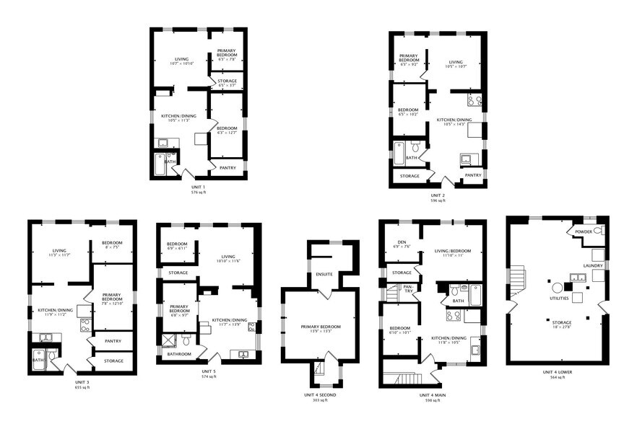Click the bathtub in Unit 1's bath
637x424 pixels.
click(x=160, y=165)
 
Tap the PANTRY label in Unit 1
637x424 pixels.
click(x=227, y=167)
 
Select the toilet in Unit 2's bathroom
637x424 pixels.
click(x=415, y=147)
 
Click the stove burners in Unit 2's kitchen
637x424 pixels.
click(x=474, y=100)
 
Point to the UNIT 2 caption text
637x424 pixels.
click(x=438, y=195)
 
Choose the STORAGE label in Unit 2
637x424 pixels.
click(x=409, y=175)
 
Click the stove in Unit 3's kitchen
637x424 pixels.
click(x=84, y=324)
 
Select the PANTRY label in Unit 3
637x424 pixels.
click(x=112, y=341)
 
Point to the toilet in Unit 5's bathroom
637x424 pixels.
click(x=185, y=338)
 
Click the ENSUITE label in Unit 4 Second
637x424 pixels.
click(x=324, y=274)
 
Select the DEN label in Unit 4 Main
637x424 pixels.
click(x=402, y=242)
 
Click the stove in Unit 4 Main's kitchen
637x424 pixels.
click(x=454, y=315)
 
